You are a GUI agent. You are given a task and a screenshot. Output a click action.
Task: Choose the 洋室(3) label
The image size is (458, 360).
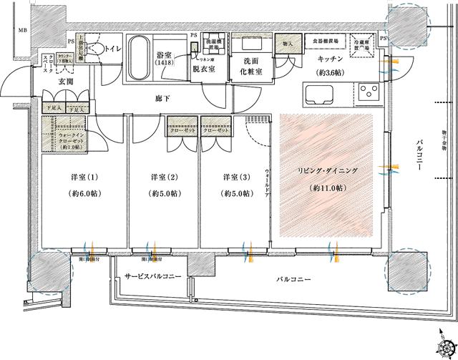[235, 177]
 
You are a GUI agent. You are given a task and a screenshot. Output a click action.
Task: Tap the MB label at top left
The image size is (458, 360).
[23, 30]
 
